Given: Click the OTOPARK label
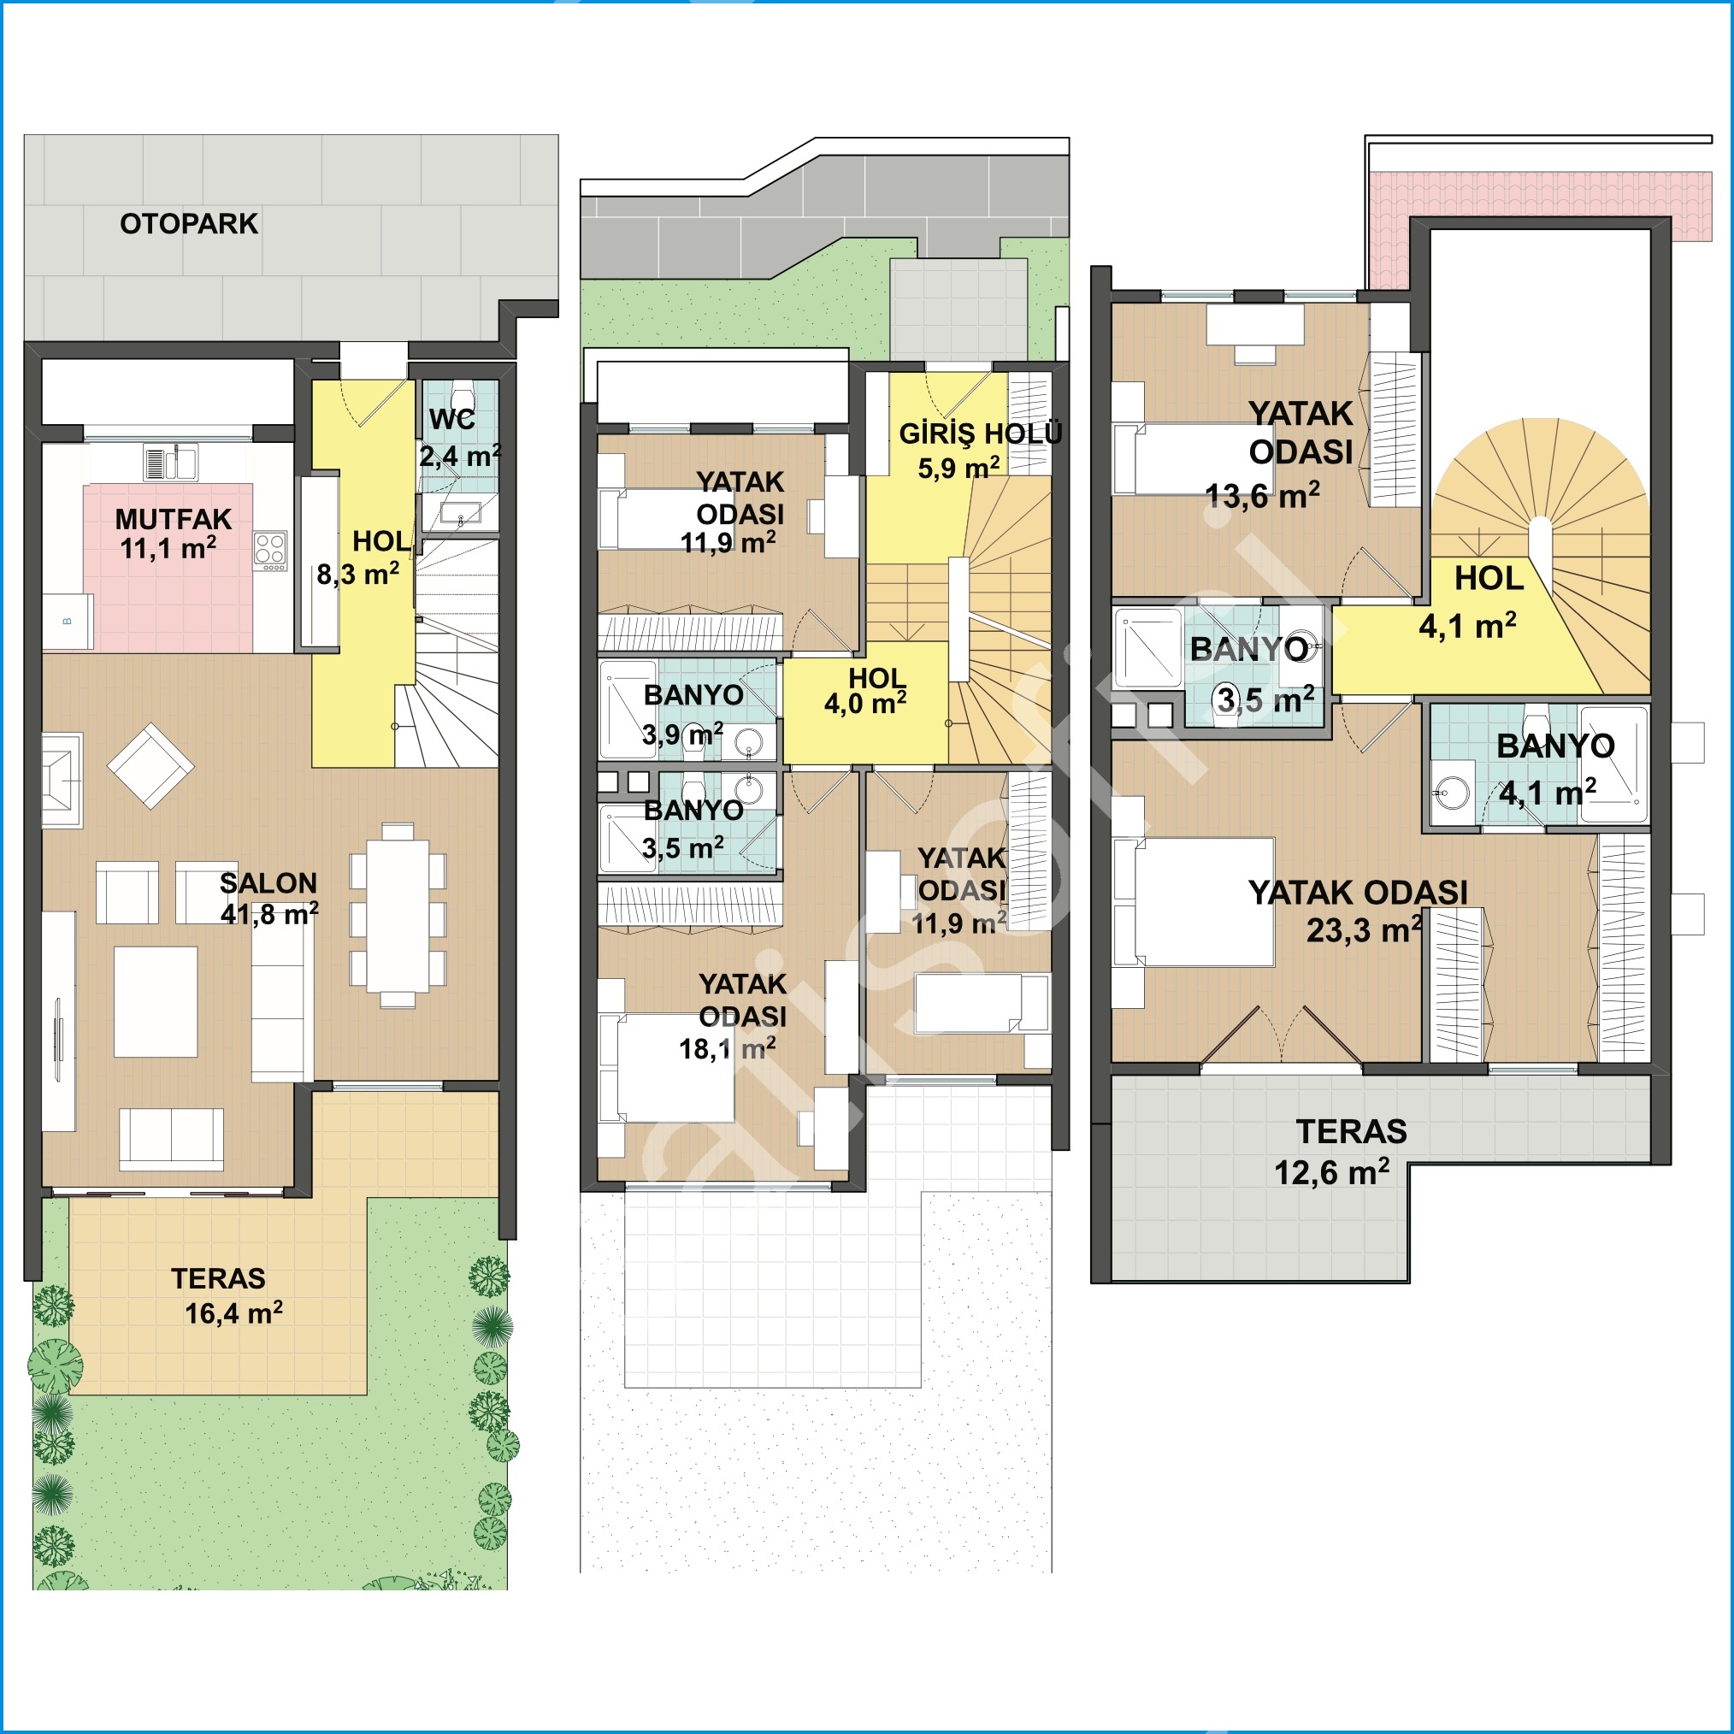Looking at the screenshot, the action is (x=188, y=223).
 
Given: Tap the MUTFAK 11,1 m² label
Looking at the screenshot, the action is (x=173, y=534).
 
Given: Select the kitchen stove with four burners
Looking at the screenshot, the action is (x=270, y=551).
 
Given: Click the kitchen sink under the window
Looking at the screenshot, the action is (x=171, y=463).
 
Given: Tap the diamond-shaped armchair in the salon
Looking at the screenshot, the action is (x=150, y=765).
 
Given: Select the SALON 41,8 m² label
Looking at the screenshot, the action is (x=268, y=899).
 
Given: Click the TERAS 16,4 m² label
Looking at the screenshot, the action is (x=227, y=1296).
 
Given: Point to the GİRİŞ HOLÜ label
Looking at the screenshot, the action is (x=980, y=433).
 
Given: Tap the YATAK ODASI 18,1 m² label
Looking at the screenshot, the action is (x=734, y=1016).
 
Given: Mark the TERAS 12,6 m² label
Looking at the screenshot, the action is (x=1341, y=1152).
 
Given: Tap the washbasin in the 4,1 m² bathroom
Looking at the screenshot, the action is (x=1452, y=791).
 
